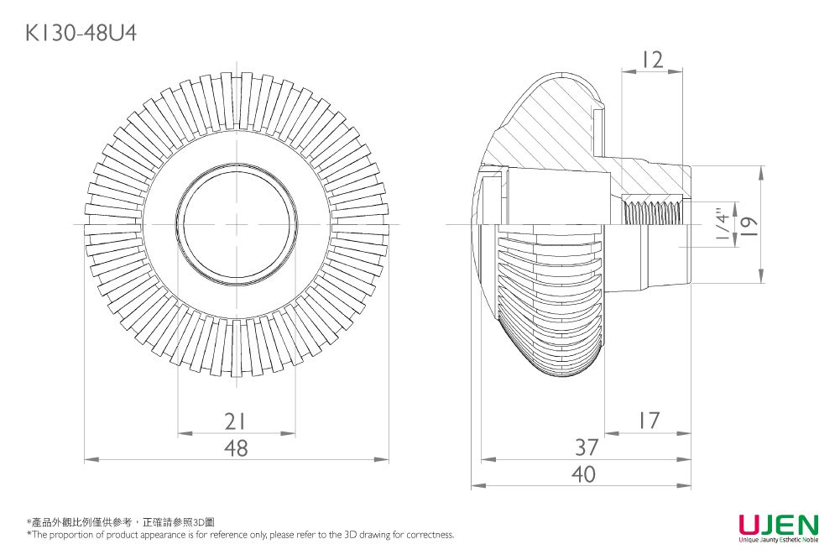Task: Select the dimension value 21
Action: click(237, 421)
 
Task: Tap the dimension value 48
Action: click(237, 448)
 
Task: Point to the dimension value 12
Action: click(650, 60)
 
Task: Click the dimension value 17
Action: click(648, 421)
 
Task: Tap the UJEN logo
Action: click(778, 525)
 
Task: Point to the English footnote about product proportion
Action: click(240, 534)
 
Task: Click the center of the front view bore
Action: click(237, 224)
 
